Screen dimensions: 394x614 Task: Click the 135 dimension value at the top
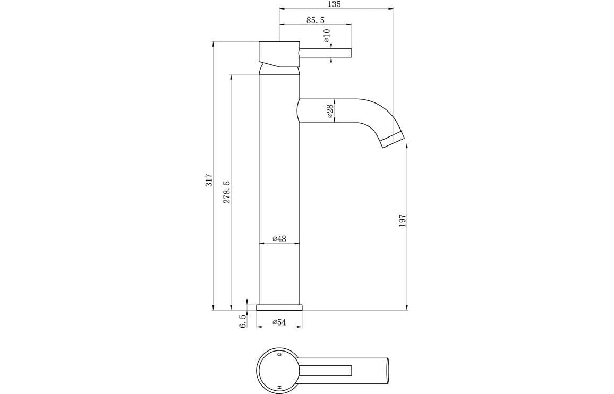tap(334, 4)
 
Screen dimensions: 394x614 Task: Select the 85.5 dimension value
tap(315, 20)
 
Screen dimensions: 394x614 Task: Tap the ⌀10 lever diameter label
tap(327, 36)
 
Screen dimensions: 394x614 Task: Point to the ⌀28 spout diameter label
tap(330, 111)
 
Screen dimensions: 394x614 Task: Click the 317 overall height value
tap(209, 179)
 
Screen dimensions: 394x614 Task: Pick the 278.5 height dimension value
tap(227, 192)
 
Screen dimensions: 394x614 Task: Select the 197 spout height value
tap(402, 221)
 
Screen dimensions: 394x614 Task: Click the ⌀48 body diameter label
tap(279, 239)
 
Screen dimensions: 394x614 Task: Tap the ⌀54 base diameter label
tap(279, 322)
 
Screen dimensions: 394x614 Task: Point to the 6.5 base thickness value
tap(243, 321)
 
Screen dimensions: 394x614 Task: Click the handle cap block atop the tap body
tap(278, 53)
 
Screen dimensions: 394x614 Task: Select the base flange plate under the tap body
tap(279, 307)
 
